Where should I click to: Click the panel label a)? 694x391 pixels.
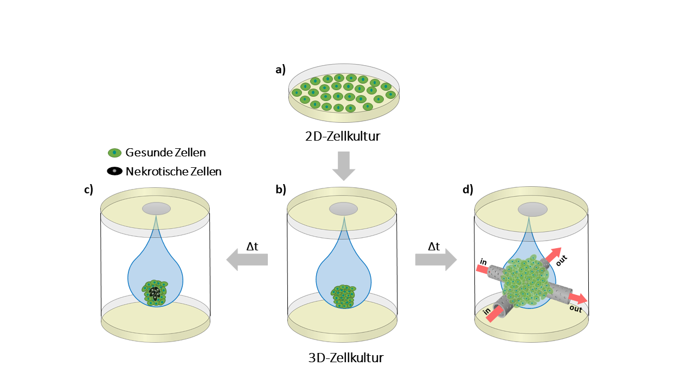(280, 70)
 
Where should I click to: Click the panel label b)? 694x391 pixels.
(280, 190)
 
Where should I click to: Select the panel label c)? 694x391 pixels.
(88, 190)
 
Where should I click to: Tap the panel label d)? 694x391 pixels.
(468, 190)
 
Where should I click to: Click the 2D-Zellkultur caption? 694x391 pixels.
(343, 136)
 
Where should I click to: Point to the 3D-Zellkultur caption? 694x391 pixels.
(345, 358)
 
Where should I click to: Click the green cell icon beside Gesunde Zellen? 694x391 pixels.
(114, 153)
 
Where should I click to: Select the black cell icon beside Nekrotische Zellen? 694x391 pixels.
(114, 171)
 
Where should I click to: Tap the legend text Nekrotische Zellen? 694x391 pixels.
(173, 172)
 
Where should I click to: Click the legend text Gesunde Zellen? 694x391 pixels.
(165, 153)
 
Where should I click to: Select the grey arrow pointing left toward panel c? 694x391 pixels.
(247, 259)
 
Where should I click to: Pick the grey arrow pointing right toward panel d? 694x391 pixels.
(436, 259)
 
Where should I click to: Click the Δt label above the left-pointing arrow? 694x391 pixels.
(252, 246)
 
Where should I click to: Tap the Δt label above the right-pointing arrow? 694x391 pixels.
(434, 246)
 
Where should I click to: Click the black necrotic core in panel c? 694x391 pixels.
(156, 293)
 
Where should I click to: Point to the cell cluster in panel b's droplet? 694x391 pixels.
(343, 297)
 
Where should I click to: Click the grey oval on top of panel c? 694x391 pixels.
(156, 209)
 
